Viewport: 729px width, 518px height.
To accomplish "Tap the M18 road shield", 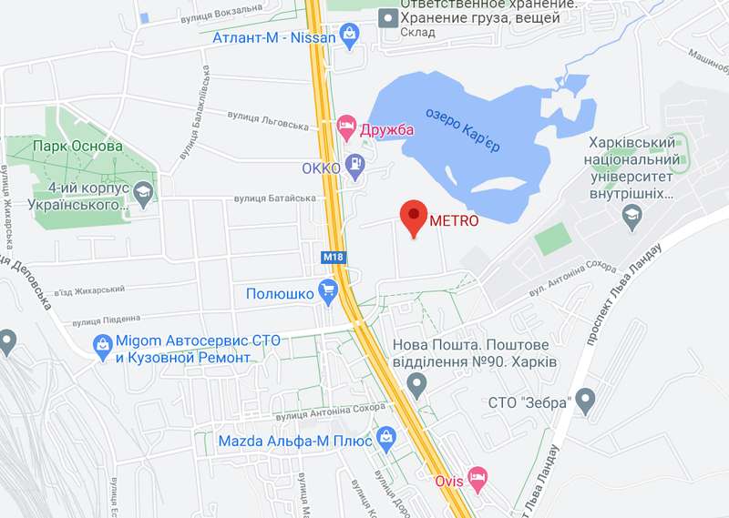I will point(334,258).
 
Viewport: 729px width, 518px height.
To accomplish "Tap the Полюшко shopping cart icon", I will point(328,291).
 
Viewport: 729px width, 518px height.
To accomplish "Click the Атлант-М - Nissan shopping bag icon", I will point(349,35).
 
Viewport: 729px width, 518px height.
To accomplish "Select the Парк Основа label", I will point(77,147).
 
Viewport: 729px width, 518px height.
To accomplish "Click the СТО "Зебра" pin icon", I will point(584,399).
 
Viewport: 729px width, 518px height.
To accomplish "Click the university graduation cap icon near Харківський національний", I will point(630,215).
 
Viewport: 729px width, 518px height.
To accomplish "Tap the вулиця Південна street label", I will point(107,319).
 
